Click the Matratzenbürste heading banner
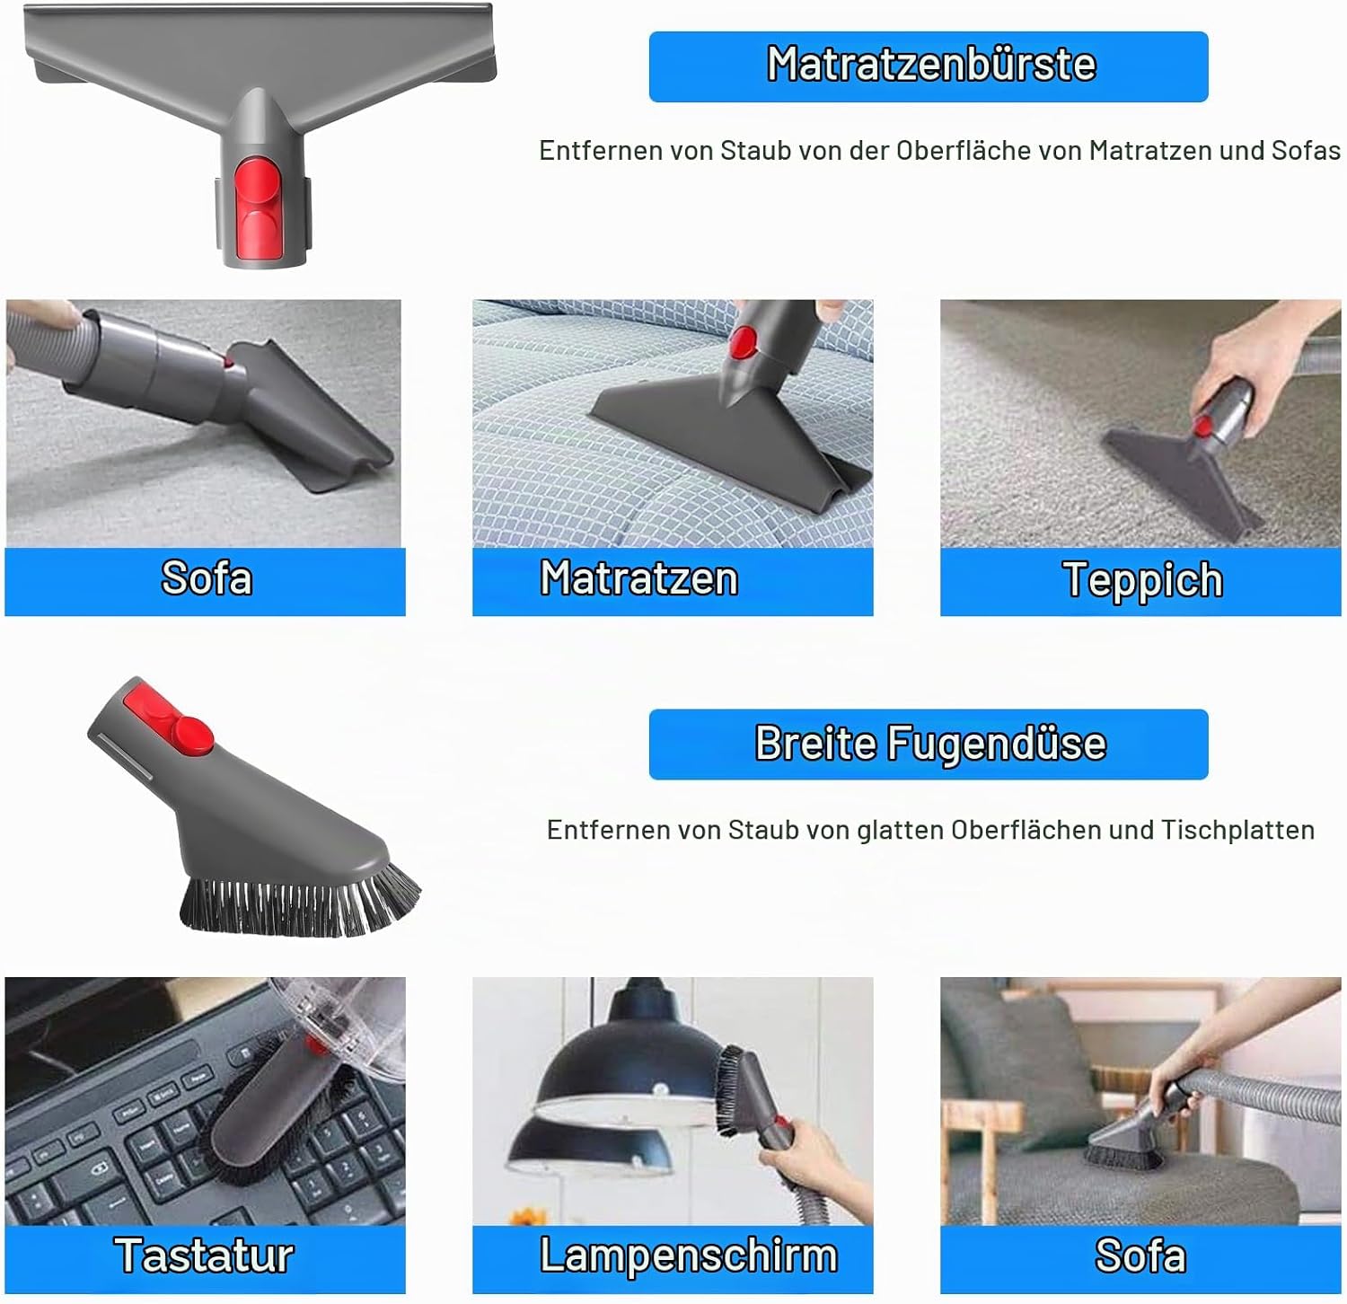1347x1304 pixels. (929, 66)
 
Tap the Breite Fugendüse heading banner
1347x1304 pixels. (929, 745)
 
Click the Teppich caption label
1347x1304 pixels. (1141, 581)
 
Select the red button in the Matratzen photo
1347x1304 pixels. (743, 340)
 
